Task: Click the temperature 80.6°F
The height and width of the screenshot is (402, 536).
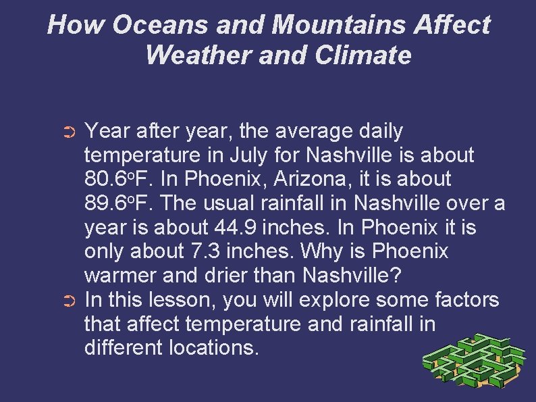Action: coord(113,180)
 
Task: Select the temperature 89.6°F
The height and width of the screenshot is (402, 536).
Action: coord(113,204)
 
